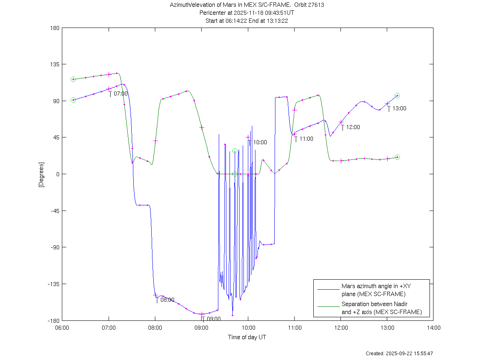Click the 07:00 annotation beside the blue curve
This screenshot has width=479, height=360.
121,93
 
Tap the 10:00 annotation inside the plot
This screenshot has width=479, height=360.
260,142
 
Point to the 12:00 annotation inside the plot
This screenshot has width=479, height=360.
353,127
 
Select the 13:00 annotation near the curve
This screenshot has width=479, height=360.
399,108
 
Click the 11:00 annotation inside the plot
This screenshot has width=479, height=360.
306,139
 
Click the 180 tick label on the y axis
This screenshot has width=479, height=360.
55,28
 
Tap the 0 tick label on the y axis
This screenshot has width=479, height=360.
58,174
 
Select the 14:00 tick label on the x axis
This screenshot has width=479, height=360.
433,328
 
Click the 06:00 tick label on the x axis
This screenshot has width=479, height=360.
62,328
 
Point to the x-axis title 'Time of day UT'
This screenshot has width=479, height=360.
247,337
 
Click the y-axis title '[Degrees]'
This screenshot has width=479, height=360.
41,174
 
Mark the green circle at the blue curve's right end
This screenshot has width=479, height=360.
397,96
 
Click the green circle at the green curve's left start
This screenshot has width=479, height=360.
73,80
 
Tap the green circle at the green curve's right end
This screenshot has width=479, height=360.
397,157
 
